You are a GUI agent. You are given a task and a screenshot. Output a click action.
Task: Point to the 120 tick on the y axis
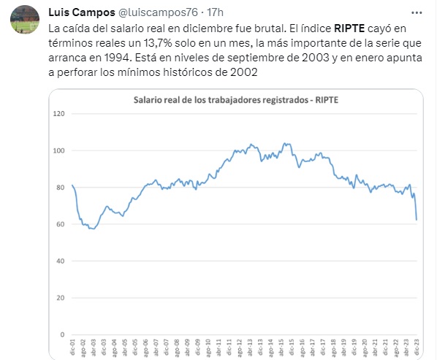(60, 114)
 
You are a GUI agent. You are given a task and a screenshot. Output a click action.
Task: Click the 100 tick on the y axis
(60, 150)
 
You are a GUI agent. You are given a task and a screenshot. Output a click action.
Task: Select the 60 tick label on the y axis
(61, 224)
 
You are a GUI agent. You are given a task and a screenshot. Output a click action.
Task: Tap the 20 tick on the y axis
(61, 298)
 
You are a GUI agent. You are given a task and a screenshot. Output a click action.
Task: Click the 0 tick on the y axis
(64, 335)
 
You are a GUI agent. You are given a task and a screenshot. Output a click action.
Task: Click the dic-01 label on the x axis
(72, 348)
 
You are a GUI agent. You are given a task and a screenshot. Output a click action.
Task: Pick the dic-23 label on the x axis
(416, 348)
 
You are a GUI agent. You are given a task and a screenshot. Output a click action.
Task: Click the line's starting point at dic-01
(72, 185)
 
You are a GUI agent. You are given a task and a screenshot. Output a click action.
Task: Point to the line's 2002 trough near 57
(91, 229)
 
